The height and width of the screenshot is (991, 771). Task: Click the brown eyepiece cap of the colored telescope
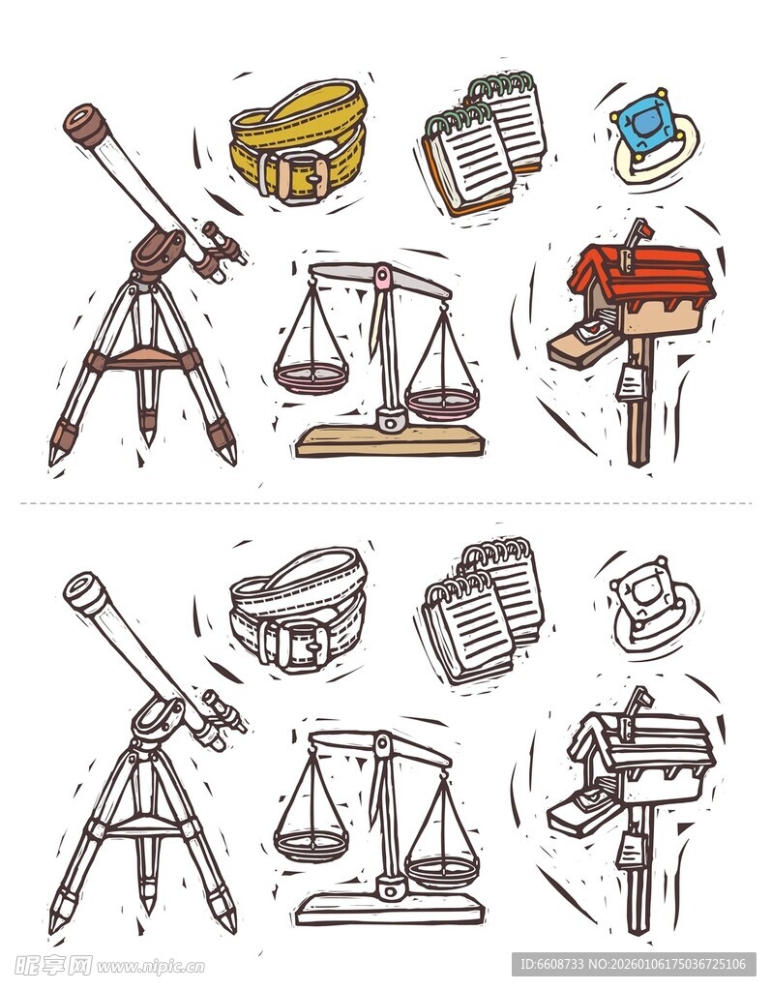pos(84,125)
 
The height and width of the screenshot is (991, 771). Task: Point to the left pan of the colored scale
pos(311,375)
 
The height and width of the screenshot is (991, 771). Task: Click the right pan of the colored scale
pos(442,401)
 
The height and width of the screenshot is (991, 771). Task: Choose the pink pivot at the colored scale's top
pos(383,278)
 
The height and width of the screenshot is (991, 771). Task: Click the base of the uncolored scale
pos(389,910)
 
